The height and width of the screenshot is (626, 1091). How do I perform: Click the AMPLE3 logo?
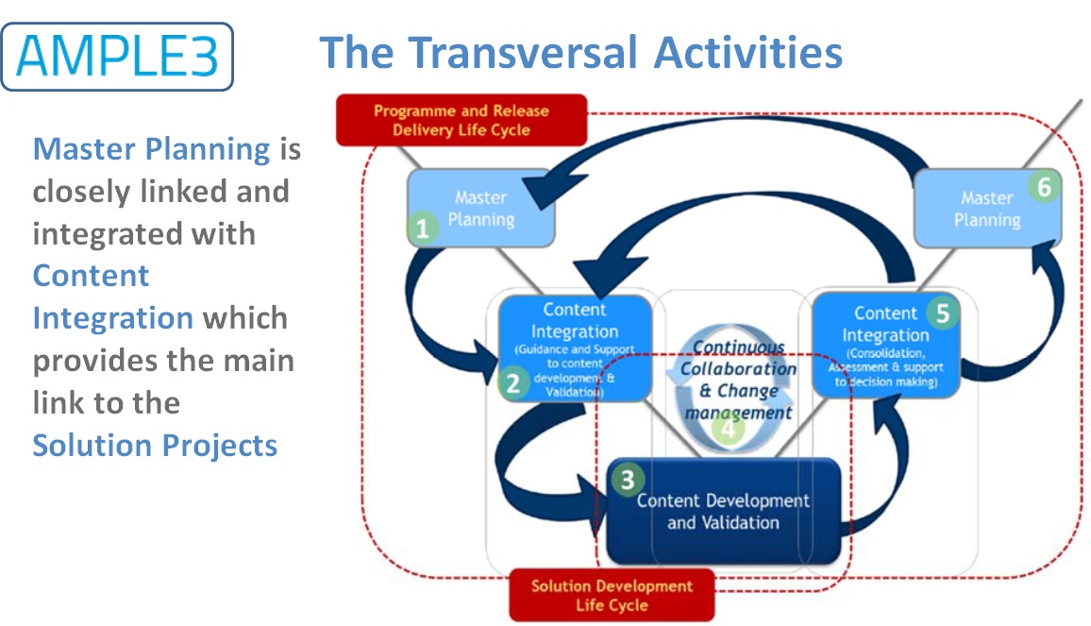117,57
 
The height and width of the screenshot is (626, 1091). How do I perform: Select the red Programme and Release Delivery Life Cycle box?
461,121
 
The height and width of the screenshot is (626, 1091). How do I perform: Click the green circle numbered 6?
1043,188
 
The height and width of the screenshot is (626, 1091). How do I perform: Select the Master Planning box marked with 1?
481,209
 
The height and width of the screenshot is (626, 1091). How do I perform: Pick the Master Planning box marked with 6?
986,210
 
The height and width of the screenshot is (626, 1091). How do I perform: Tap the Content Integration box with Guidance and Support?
574,347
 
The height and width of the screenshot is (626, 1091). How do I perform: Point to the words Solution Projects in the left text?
155,445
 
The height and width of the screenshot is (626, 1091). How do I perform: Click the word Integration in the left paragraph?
112,318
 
